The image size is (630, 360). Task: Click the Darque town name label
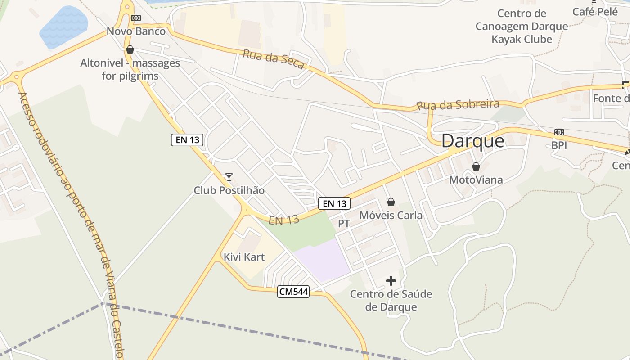click(x=472, y=141)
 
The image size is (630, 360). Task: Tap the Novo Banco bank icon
click(x=135, y=18)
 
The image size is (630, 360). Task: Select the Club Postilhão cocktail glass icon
click(x=229, y=177)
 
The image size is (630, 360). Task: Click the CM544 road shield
click(x=294, y=292)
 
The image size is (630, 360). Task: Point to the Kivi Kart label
click(x=244, y=257)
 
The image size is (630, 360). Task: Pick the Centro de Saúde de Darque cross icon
click(x=391, y=281)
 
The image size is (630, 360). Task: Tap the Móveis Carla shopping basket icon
click(x=391, y=202)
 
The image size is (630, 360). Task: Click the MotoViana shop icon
click(x=476, y=167)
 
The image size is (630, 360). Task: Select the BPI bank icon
click(x=559, y=132)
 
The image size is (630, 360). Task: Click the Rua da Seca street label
click(x=274, y=59)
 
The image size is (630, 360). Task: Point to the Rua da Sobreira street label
click(x=458, y=105)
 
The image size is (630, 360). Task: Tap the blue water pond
click(x=63, y=27)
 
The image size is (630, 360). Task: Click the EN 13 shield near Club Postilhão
click(x=188, y=140)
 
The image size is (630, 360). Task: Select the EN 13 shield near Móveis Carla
click(x=334, y=203)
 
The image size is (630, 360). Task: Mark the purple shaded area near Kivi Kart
click(x=323, y=260)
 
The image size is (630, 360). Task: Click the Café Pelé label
click(x=595, y=12)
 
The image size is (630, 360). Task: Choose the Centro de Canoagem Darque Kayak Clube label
click(x=522, y=26)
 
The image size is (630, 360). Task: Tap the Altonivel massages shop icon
click(x=130, y=49)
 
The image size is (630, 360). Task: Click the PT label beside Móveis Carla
click(x=344, y=223)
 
